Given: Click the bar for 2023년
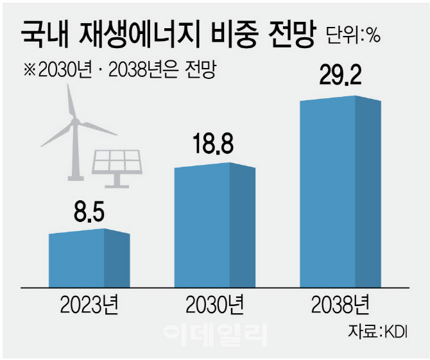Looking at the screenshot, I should pyautogui.click(x=89, y=258).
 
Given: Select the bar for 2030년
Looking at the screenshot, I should pyautogui.click(x=214, y=225).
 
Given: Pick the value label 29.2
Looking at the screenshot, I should pyautogui.click(x=341, y=78).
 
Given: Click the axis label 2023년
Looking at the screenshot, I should pyautogui.click(x=89, y=304).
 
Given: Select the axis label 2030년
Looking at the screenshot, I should pyautogui.click(x=215, y=304).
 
